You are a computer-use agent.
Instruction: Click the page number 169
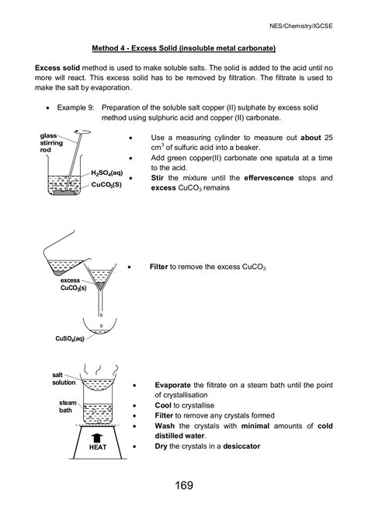click(184, 485)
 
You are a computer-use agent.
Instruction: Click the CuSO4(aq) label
click(70, 339)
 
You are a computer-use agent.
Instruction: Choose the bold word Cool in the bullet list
click(164, 406)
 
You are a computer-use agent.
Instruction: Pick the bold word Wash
click(165, 426)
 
